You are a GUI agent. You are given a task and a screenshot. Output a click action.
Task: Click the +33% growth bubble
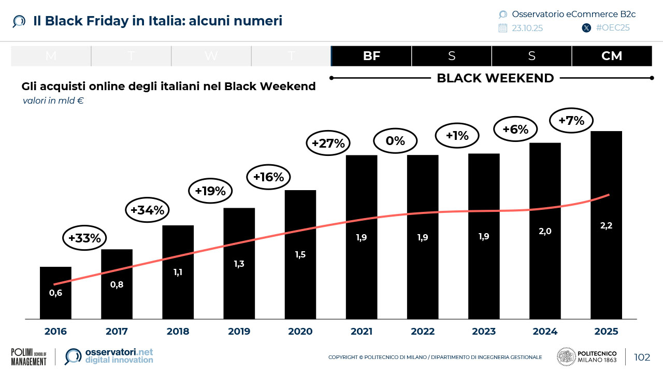click(85, 238)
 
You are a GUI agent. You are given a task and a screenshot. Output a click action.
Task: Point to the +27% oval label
click(328, 144)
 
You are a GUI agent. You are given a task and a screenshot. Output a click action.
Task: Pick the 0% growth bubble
click(395, 140)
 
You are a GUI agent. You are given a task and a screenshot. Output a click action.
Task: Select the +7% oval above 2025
click(571, 121)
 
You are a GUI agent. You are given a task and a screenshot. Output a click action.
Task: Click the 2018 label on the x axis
click(178, 332)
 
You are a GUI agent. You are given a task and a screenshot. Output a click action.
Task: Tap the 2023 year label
click(484, 332)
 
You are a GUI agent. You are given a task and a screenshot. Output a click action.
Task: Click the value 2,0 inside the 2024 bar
click(545, 232)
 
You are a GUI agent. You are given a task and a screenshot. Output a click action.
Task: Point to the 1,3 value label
click(239, 264)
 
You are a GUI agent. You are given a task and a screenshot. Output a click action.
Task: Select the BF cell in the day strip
click(371, 56)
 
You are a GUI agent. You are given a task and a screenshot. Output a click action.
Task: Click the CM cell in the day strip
click(612, 56)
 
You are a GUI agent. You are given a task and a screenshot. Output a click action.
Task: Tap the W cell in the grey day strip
click(211, 56)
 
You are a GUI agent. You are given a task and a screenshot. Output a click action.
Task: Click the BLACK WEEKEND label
click(495, 78)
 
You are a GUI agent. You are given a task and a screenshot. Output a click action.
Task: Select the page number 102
click(642, 357)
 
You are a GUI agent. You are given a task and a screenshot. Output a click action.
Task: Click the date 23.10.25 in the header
click(527, 28)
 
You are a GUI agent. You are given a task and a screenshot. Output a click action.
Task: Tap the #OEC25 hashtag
click(613, 28)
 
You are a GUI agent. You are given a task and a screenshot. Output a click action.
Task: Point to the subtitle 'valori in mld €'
click(53, 101)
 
